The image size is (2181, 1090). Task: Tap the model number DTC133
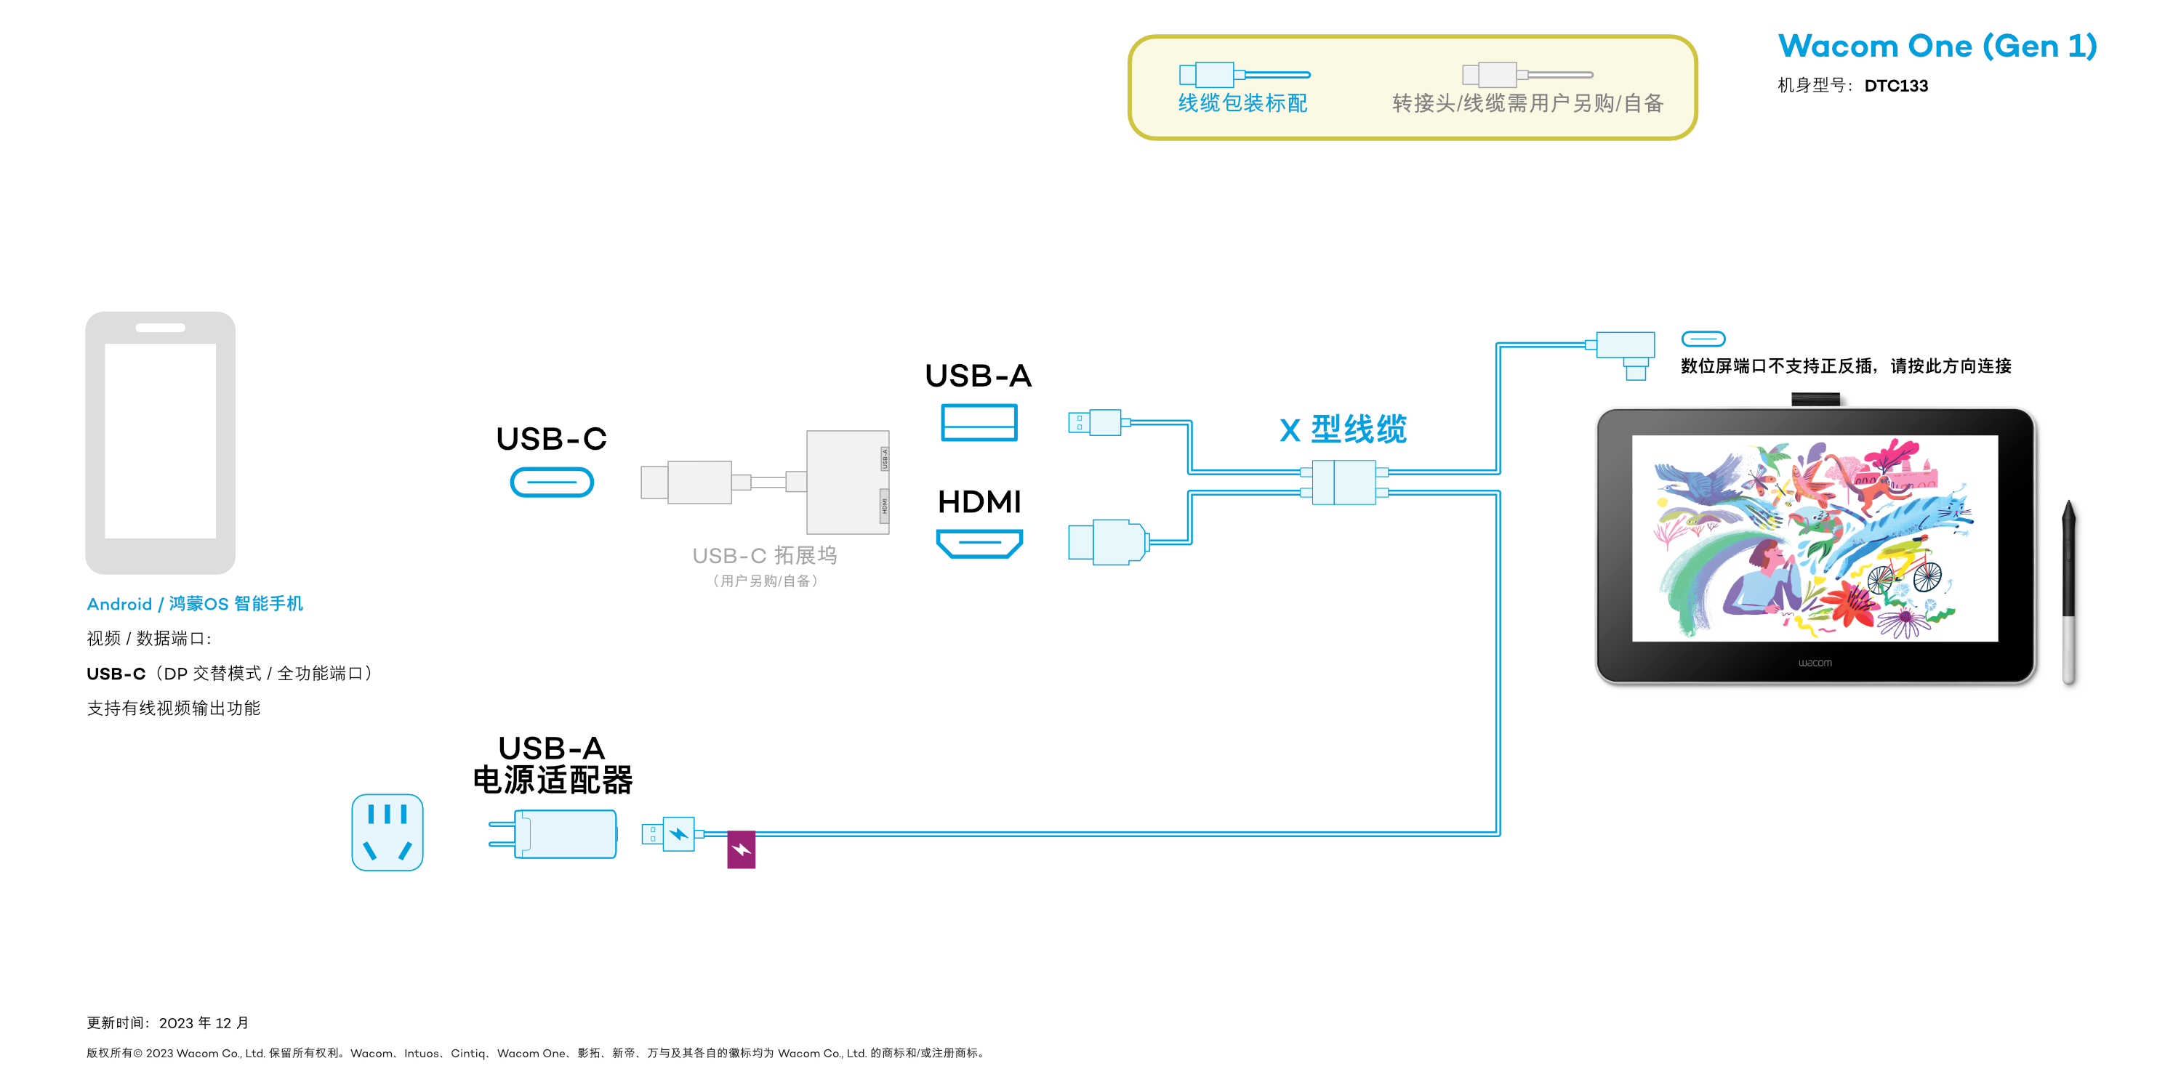(x=1896, y=86)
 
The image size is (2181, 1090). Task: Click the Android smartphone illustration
(x=160, y=442)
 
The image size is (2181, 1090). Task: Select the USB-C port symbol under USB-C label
(x=551, y=483)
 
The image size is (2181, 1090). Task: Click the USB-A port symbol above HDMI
(x=979, y=422)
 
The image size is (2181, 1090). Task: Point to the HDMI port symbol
(x=979, y=543)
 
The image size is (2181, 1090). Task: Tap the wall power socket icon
(x=387, y=832)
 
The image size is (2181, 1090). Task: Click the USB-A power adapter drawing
(x=555, y=833)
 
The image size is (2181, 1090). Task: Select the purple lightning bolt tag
(x=741, y=849)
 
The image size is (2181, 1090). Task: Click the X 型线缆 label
(x=1343, y=429)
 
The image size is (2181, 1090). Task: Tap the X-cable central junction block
(x=1343, y=483)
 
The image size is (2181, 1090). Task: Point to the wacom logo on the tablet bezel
(x=1815, y=663)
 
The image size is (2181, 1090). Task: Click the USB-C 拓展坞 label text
(x=765, y=555)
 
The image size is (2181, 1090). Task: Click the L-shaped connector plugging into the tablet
(x=1626, y=351)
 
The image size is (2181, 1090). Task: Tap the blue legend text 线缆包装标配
(x=1242, y=103)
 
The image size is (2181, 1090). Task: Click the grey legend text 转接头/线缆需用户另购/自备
(x=1527, y=103)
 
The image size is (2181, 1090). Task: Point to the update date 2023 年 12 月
(x=204, y=1022)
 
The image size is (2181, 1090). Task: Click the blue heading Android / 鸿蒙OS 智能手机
(x=195, y=603)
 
